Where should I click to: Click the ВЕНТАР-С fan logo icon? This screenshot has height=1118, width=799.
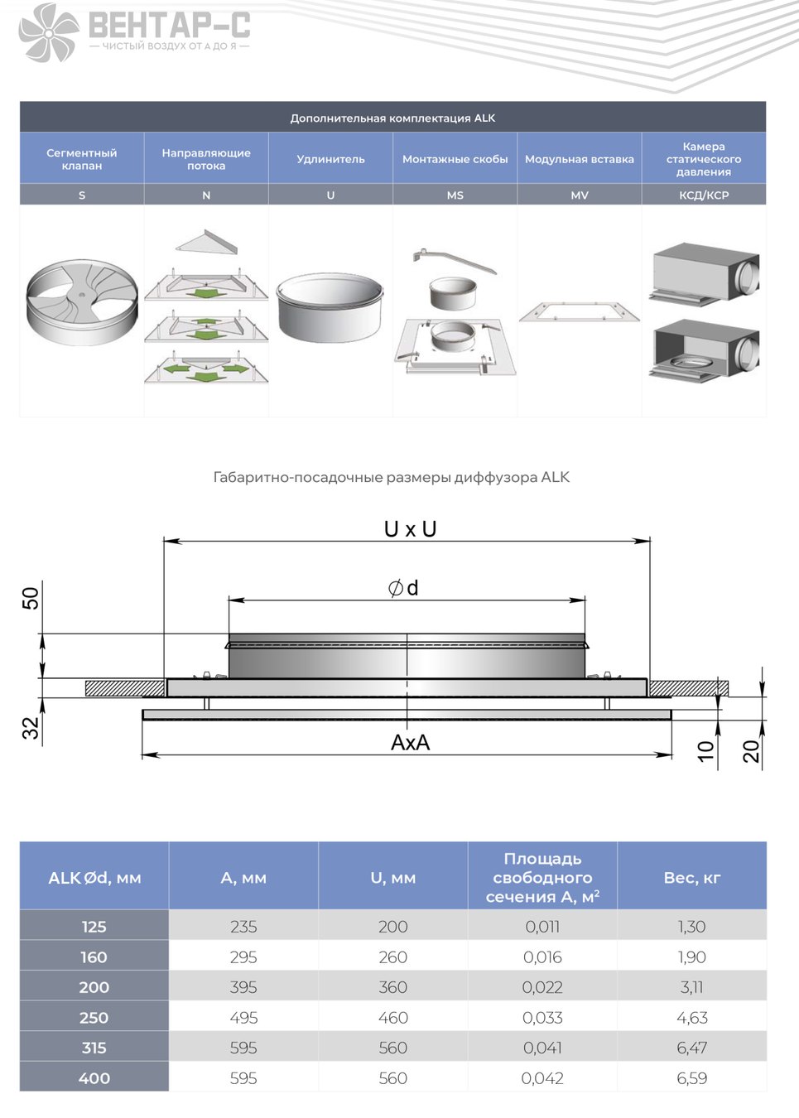[x=49, y=32]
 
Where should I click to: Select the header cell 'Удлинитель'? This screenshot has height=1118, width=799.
[x=330, y=159]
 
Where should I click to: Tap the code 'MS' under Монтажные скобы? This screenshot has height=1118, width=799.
[x=455, y=195]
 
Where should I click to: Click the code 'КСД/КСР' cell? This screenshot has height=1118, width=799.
[x=704, y=195]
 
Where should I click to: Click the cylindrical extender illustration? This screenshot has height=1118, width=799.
[x=330, y=307]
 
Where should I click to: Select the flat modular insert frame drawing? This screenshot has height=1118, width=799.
[x=579, y=311]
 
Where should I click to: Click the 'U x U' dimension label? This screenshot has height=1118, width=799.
[x=410, y=529]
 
